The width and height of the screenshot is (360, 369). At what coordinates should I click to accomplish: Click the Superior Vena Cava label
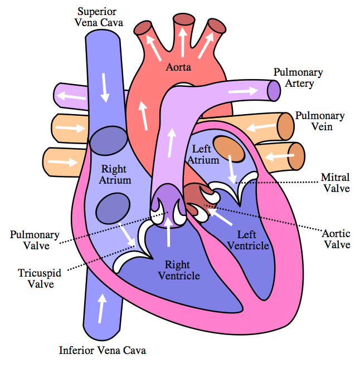coord(100,17)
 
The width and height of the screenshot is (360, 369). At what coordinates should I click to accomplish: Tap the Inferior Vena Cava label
coord(103,351)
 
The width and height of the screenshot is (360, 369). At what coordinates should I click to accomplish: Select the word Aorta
coord(178,67)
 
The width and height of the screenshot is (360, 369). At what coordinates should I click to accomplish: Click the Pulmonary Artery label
coord(298,78)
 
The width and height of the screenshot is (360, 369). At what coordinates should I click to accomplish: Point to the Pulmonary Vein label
coord(319,121)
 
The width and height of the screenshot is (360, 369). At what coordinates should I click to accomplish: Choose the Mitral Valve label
coord(335,183)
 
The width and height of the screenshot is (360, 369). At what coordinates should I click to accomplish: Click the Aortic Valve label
coord(337,239)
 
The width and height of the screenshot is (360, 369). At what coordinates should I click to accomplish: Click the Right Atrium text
coord(115,175)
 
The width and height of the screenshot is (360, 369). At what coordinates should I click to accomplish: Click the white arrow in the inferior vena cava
coord(101,308)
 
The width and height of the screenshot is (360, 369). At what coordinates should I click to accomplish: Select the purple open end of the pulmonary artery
coord(273,91)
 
